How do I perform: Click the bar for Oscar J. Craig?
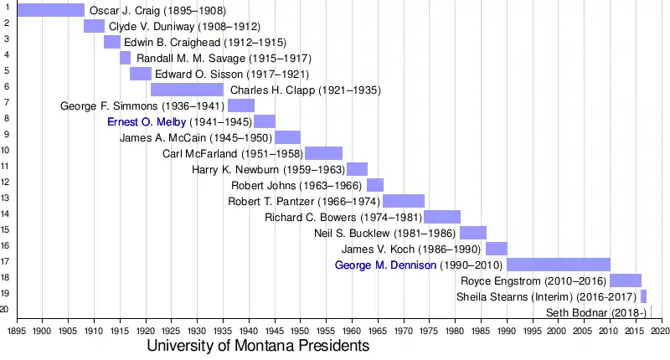click(50, 10)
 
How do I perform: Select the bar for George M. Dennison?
click(559, 265)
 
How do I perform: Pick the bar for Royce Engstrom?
click(626, 280)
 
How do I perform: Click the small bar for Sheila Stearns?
click(643, 296)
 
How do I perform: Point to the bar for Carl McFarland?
click(323, 153)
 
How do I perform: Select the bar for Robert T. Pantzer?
click(404, 201)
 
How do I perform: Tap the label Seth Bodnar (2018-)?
click(596, 313)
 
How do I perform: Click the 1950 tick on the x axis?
click(301, 330)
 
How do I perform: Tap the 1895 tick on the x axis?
click(17, 330)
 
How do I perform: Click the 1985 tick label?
click(482, 330)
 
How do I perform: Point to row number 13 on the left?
click(5, 198)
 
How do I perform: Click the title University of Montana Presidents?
click(258, 346)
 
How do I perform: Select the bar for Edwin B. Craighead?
click(111, 42)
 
